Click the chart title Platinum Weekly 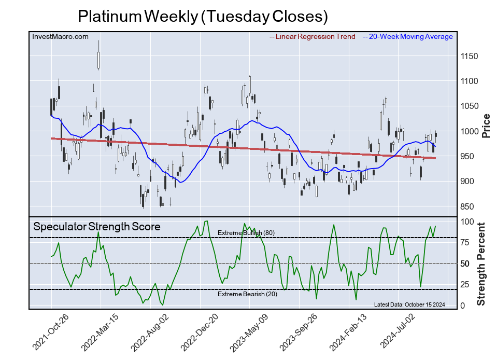tap(203, 16)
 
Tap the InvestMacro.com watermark tap(60, 36)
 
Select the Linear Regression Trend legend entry tap(313, 36)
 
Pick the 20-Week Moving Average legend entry tap(407, 36)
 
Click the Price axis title tap(486, 126)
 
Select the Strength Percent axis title tap(481, 264)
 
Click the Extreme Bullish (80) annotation tap(246, 233)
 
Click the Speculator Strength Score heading tap(96, 227)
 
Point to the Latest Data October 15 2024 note tap(409, 304)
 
